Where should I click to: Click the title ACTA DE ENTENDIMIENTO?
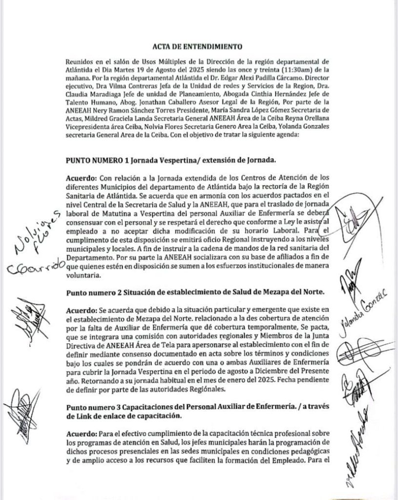point(199,47)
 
